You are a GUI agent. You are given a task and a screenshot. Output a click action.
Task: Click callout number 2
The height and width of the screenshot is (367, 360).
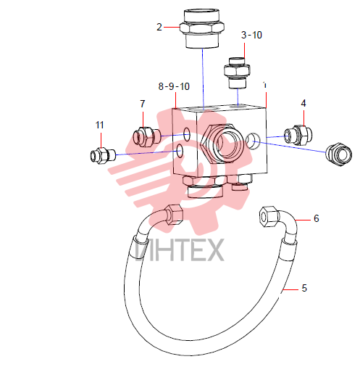pos(159,27)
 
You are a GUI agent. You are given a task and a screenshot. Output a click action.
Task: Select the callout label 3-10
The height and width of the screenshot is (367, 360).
pos(251,35)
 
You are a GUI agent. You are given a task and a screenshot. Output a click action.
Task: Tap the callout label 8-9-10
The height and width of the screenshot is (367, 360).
pos(174,86)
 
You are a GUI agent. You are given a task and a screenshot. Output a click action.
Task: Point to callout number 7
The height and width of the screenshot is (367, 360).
pos(143,104)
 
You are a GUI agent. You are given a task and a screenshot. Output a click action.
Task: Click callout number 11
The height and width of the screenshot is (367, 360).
pos(100,125)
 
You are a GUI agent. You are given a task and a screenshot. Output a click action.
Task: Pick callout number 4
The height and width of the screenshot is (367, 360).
pos(304,103)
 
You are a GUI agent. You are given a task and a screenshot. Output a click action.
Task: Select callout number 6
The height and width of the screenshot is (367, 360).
pos(317,218)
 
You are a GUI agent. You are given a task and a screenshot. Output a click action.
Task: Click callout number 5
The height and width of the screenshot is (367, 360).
pos(304,288)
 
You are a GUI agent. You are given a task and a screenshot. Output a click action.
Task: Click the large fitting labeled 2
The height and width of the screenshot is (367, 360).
pos(202,28)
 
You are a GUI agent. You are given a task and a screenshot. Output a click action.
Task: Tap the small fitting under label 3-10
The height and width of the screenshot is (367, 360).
pos(237,73)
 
